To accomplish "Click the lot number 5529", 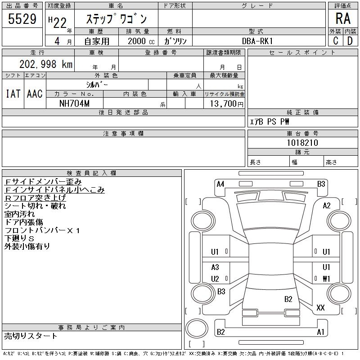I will click(22, 19).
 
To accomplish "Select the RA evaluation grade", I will click(343, 18).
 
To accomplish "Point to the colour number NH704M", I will click(75, 103).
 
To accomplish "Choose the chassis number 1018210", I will click(302, 143).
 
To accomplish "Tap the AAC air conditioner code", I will click(35, 94).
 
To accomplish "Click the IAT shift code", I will click(13, 94).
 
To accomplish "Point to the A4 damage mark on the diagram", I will click(220, 184).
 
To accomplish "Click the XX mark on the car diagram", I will click(320, 308).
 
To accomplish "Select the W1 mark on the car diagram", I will click(326, 279).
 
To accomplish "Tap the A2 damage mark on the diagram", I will click(327, 206).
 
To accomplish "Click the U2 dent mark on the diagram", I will click(215, 279).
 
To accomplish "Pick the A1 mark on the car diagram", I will click(321, 332).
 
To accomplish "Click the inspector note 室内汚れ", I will click(20, 214).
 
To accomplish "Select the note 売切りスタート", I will click(31, 336).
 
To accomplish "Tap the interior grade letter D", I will click(350, 40).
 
